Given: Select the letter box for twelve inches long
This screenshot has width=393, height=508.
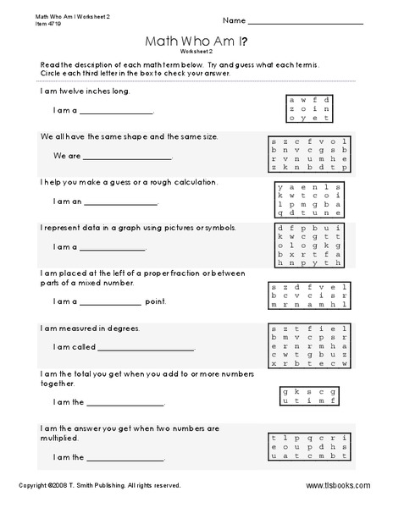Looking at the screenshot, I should point(308,108).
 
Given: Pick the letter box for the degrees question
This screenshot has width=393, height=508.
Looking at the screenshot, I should point(308,345).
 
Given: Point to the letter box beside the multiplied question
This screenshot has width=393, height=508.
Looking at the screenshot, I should point(308,448).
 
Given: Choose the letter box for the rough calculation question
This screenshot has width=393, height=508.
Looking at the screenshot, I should point(308,202).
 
